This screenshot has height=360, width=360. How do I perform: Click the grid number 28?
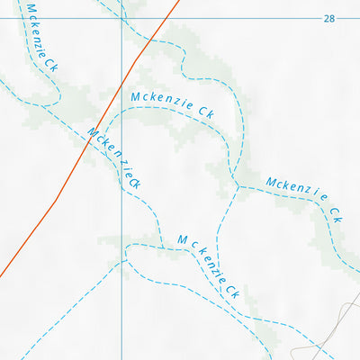point(328,18)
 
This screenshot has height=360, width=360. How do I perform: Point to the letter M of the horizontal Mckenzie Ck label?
point(136,96)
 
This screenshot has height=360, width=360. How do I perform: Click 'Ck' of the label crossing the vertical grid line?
point(135,181)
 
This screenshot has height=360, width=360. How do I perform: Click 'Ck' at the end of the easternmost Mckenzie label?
point(337,215)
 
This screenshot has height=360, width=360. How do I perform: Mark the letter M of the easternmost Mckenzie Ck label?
point(271,183)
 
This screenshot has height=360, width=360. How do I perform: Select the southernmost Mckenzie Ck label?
point(207,265)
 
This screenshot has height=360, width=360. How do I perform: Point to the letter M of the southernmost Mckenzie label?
point(183,239)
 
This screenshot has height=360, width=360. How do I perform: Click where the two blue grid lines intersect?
point(121,18)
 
